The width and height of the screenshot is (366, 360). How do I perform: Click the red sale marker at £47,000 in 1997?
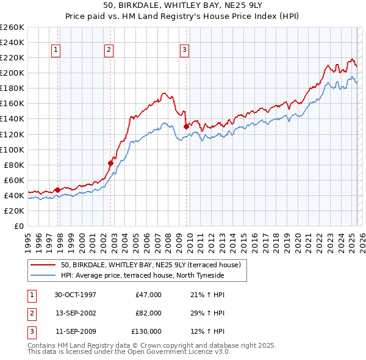pos(58,190)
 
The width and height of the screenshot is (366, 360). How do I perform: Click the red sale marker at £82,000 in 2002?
pos(110,163)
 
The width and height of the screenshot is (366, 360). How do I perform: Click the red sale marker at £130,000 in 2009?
pos(186,126)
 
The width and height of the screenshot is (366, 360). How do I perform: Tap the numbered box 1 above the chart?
pos(56,50)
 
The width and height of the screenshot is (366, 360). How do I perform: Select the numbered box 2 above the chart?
pos(109,50)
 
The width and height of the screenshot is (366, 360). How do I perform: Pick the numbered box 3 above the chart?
pos(184,50)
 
